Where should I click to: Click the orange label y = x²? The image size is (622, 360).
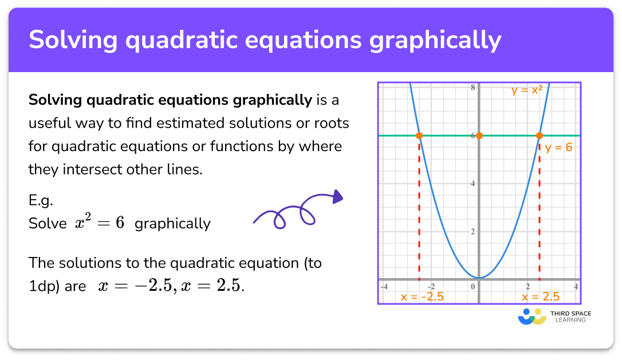click(526, 90)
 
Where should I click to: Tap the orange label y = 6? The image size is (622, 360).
click(558, 148)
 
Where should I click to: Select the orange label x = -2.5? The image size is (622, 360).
click(422, 296)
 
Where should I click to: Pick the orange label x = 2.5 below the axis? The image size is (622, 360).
click(540, 296)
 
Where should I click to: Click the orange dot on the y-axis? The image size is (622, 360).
click(479, 136)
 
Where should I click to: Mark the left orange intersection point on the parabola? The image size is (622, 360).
click(419, 136)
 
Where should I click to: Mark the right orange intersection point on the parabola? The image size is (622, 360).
click(539, 136)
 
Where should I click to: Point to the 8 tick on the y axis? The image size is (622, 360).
click(473, 88)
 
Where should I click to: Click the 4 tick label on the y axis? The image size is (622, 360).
click(473, 184)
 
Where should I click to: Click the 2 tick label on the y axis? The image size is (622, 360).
click(473, 232)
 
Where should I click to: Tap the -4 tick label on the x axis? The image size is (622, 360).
click(385, 286)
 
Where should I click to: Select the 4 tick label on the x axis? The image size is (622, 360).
click(576, 286)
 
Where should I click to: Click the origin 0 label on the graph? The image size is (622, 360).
click(474, 286)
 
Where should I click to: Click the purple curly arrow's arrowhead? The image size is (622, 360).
click(337, 197)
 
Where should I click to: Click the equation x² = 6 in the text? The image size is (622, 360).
click(99, 223)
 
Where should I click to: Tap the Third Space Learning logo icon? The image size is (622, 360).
click(532, 317)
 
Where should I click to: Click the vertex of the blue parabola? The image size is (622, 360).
click(479, 278)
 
